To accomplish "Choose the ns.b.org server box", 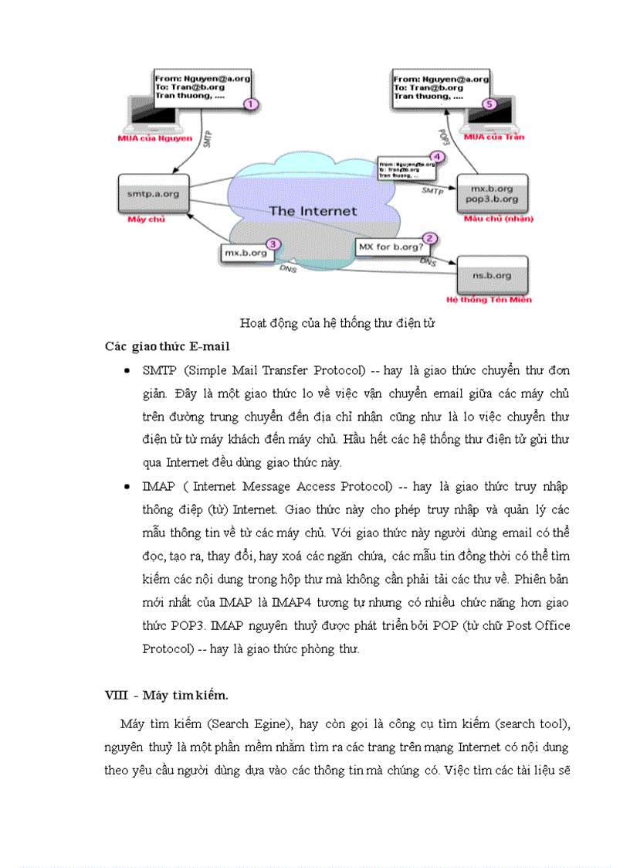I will tap(492, 275).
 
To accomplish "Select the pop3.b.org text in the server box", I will tap(492, 199).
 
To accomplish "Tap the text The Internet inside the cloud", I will tap(313, 210).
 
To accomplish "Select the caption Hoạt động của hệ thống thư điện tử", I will tap(337, 323).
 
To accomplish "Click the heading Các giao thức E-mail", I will tap(167, 346).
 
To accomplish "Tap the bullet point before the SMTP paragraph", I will tap(127, 371).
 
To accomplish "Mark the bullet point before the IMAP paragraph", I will tap(127, 487).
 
